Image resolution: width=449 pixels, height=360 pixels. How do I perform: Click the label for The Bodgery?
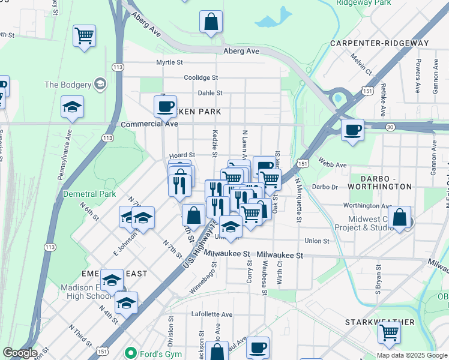[x=67, y=85]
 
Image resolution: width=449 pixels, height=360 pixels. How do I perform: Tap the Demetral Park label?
[x=90, y=194]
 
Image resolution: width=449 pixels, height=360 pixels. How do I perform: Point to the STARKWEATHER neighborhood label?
[x=379, y=322]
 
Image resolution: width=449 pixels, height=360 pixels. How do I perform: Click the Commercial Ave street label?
[x=149, y=124]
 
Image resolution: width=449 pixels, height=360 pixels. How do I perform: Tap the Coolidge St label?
[x=200, y=77]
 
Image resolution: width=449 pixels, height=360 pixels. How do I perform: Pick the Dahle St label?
[x=210, y=93]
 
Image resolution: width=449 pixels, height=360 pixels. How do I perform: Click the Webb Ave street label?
[x=333, y=165]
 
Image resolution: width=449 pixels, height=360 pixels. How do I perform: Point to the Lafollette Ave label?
[x=211, y=314]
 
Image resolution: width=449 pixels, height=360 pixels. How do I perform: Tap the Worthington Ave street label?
[x=367, y=206]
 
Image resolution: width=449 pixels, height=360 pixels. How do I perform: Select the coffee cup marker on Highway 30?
[x=352, y=129]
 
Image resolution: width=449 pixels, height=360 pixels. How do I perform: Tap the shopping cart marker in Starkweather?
[x=390, y=331]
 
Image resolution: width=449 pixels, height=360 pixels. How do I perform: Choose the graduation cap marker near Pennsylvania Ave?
[x=72, y=107]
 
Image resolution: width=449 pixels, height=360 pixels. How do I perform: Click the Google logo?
[x=20, y=353]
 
